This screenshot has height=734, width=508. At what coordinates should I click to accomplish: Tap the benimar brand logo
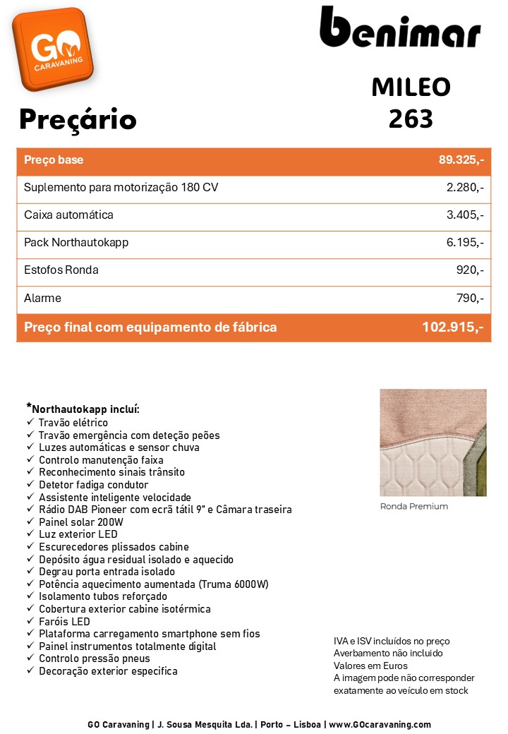click(x=400, y=30)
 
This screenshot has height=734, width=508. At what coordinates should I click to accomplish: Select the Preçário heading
click(x=78, y=119)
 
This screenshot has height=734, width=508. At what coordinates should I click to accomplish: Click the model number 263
click(x=411, y=119)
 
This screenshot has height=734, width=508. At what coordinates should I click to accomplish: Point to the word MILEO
click(x=411, y=87)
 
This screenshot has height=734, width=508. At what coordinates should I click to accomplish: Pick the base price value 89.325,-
click(x=461, y=160)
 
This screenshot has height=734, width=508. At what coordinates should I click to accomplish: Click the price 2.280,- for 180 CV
click(x=465, y=188)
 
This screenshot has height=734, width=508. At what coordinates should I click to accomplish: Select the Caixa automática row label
click(x=68, y=215)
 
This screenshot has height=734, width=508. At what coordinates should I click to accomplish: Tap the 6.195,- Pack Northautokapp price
click(x=465, y=243)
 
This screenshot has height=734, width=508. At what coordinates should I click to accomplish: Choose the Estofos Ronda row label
click(x=61, y=270)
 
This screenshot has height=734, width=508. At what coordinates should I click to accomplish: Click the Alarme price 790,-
click(x=470, y=299)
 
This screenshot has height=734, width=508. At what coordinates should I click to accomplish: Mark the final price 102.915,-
click(x=452, y=327)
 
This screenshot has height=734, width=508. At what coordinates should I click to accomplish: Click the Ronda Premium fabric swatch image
click(x=433, y=443)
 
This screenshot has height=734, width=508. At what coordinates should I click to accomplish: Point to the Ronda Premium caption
click(x=413, y=507)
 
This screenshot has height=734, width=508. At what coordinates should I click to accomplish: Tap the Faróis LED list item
click(x=64, y=621)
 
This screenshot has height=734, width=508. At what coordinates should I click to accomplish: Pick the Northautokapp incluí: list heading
click(x=85, y=409)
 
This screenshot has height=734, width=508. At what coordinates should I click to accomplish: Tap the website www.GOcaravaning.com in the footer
click(x=380, y=724)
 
